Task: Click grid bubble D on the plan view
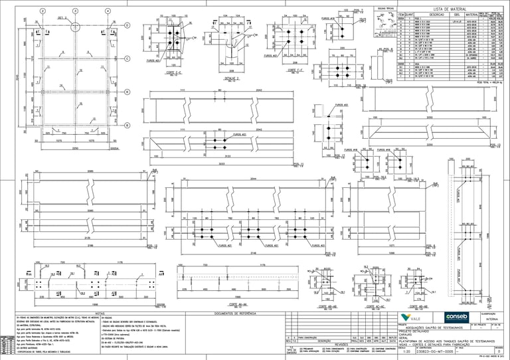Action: tap(127, 25)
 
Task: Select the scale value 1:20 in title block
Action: tap(405, 351)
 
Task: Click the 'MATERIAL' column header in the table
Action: tap(472, 14)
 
